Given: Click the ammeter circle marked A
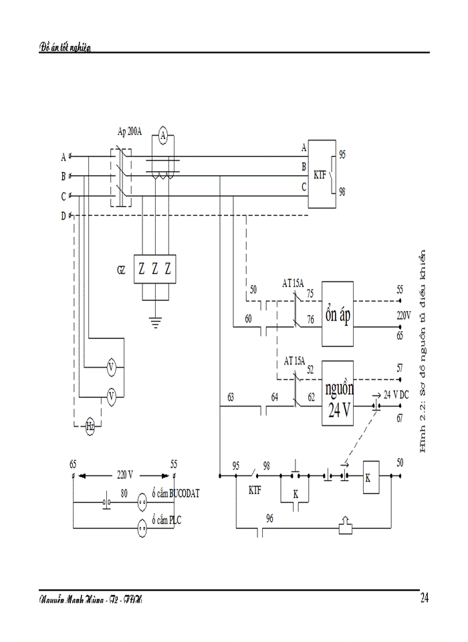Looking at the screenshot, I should coord(163,135).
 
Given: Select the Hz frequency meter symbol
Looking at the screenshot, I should coord(90,426).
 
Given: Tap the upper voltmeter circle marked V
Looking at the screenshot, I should coord(112,367).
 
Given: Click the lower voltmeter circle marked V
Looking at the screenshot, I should coord(112,397).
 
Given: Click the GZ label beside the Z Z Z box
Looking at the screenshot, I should coord(120,271).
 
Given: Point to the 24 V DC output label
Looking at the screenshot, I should coord(396,395).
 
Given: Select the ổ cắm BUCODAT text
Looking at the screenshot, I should coord(175,494).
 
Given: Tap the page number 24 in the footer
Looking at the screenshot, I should coord(425,598).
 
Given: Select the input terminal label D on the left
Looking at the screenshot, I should coord(64,216).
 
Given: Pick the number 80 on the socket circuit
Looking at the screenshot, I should coord(124,494).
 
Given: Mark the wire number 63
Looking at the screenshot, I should coord(231,397).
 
